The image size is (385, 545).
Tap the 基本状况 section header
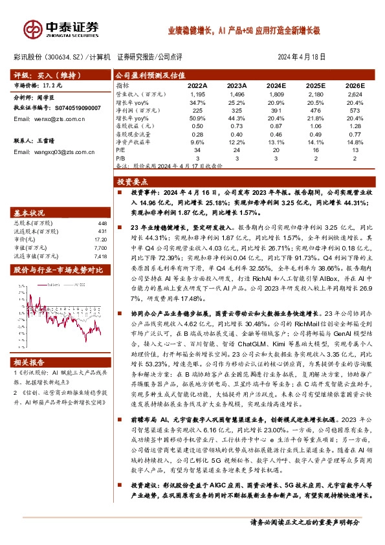(31, 212)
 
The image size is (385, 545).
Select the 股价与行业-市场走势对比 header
(59, 269)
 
